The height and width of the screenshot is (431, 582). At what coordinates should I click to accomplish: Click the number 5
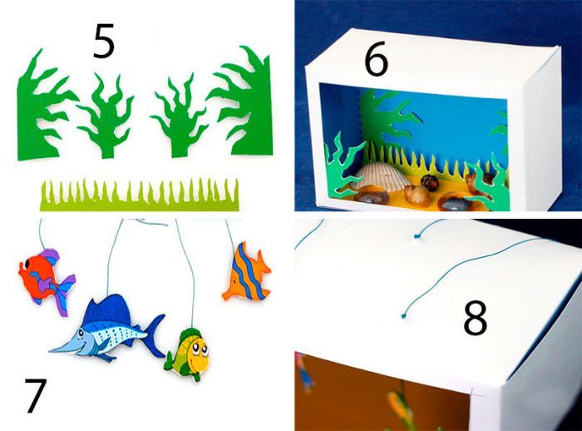(104, 42)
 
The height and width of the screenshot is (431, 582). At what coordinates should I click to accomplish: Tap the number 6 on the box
(376, 62)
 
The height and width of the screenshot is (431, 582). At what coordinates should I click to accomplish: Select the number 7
(36, 395)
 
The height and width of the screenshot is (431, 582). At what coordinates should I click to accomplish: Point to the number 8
(475, 318)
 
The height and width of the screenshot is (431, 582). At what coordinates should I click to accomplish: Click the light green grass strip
(140, 195)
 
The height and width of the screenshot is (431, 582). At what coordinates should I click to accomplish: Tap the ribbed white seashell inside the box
(376, 176)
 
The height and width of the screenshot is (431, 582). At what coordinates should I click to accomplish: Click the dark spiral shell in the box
(430, 182)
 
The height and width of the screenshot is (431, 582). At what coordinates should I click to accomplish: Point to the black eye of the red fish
(27, 265)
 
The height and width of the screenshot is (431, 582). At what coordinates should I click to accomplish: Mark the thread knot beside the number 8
(403, 316)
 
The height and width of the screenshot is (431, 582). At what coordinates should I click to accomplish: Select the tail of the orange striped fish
(264, 265)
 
